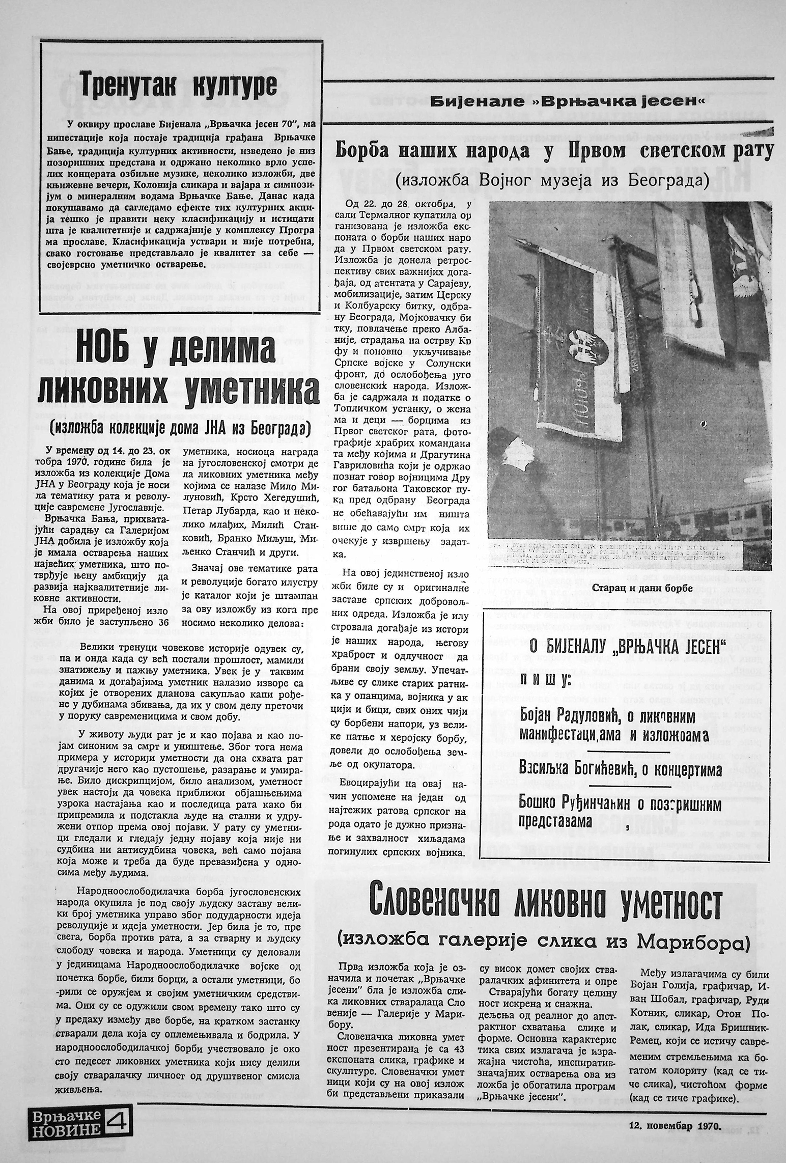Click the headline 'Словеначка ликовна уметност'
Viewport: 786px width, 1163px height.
[x=545, y=904]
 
